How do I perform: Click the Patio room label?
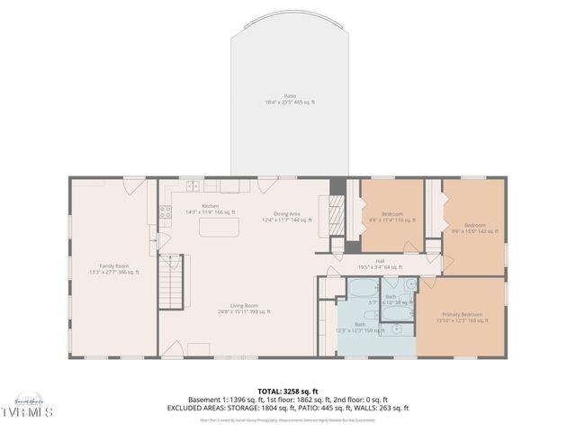coord(290,95)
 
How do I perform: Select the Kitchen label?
coord(210,206)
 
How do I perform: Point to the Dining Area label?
coord(286,213)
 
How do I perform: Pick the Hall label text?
coord(380,260)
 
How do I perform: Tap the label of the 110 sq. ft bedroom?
coord(391,213)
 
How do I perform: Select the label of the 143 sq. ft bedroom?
coord(474,224)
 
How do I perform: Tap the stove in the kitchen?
coord(166,213)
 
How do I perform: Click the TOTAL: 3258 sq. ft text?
coord(290,391)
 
